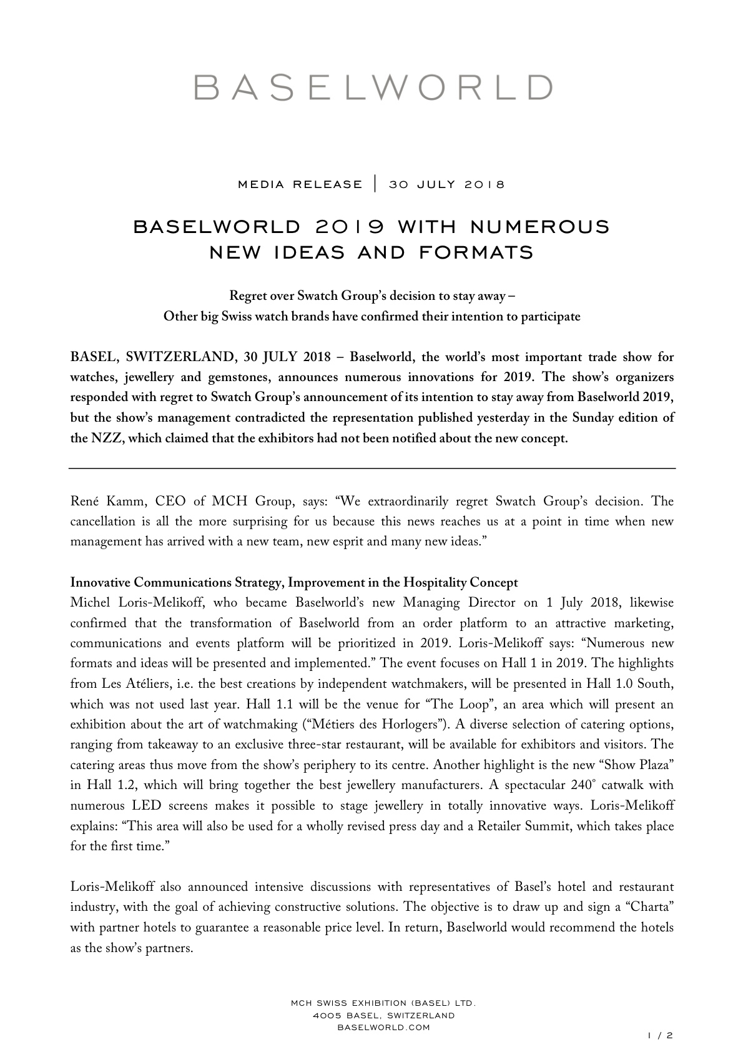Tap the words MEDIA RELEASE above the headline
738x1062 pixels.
300,184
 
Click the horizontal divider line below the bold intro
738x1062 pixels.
372,468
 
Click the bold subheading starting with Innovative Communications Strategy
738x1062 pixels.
294,583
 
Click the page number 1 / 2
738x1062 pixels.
661,1035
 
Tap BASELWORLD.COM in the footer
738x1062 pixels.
383,1028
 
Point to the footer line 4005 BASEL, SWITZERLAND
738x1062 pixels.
383,1015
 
